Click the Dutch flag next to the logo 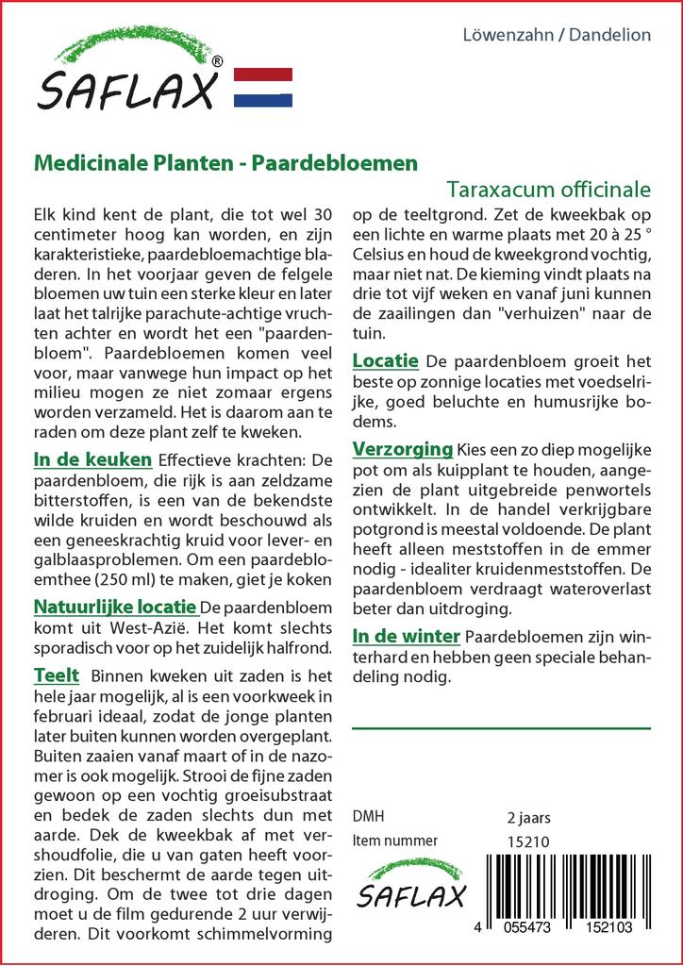[262, 87]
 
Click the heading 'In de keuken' [92, 459]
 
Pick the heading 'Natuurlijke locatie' [115, 607]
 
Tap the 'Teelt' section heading [57, 675]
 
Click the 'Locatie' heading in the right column [386, 361]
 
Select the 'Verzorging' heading [403, 447]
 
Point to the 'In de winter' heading [407, 636]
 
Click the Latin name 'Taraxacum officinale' [549, 187]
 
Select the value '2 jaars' [528, 817]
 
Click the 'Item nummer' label [394, 841]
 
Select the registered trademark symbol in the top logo [218, 61]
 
